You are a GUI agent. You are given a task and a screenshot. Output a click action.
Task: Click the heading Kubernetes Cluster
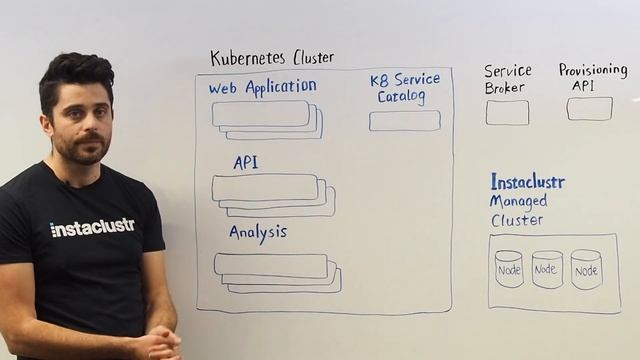tap(272, 58)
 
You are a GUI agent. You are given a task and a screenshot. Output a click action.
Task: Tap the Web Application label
tap(262, 88)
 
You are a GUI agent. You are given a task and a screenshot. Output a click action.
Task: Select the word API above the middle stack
tap(246, 162)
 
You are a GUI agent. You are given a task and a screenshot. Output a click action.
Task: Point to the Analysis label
tap(258, 232)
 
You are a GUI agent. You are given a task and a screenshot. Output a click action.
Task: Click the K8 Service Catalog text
tap(404, 88)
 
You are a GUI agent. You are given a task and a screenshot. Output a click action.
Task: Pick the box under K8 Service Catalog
tap(404, 121)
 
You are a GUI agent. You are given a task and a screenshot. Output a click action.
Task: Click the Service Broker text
tap(507, 79)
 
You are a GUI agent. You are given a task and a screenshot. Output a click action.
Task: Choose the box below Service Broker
tap(507, 113)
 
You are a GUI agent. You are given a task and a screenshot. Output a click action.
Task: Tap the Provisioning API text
tap(592, 77)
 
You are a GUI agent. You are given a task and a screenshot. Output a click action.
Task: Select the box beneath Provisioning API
tap(589, 109)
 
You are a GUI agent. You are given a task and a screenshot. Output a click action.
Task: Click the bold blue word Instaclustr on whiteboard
tap(528, 182)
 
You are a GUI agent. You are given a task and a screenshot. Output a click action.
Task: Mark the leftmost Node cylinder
tap(509, 270)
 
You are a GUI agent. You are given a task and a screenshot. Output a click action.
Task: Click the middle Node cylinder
tap(547, 270)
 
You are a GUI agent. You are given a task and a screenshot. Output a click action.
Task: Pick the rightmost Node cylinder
tap(586, 270)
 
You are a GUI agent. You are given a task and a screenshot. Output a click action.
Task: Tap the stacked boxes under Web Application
tap(266, 120)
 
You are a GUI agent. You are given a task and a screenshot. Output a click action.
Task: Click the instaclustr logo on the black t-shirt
tap(92, 227)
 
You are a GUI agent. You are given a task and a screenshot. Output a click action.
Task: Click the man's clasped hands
tap(156, 344)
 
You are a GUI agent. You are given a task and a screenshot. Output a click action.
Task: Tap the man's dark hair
tap(76, 73)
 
